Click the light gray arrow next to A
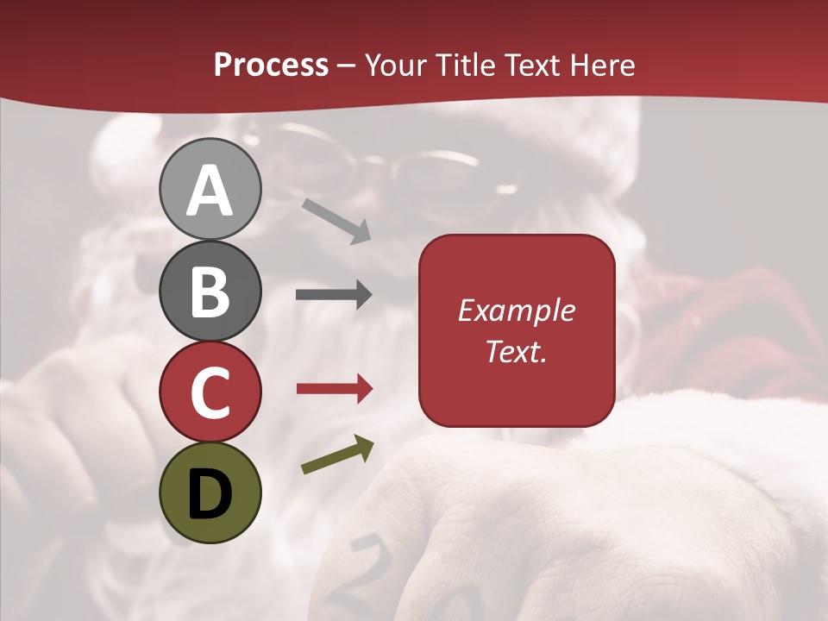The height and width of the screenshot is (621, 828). coord(336,220)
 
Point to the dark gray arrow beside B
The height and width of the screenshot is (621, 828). coord(334,295)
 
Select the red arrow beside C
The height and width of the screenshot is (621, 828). coord(335,389)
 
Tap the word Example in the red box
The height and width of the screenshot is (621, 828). coord(517,310)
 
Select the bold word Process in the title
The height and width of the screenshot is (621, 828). coord(271,65)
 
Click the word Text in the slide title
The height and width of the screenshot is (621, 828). coord(534,65)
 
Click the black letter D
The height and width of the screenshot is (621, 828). coord(210,494)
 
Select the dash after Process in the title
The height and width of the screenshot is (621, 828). coord(347,66)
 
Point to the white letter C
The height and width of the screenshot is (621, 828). coord(210,393)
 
